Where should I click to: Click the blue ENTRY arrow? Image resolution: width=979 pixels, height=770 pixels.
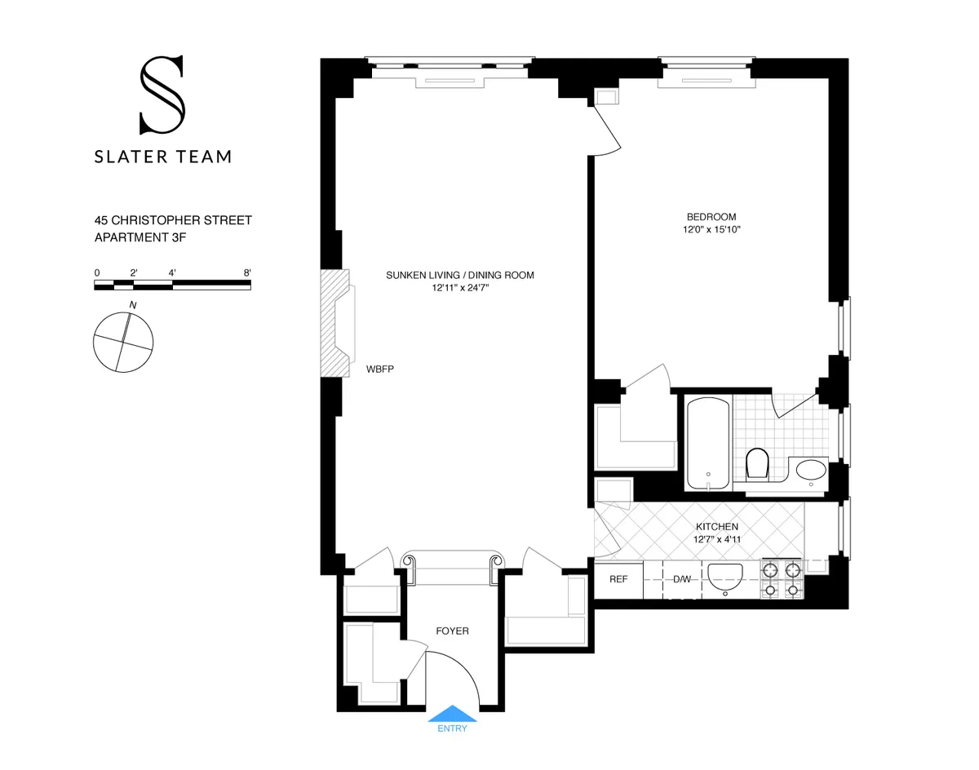452,714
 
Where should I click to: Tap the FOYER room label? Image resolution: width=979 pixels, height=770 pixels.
452,631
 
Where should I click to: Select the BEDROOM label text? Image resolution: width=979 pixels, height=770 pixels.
711,217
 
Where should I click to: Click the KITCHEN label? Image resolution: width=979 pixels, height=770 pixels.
716,527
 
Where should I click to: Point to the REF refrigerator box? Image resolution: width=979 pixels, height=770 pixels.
618,579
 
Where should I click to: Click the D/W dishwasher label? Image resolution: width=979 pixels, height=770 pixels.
682,579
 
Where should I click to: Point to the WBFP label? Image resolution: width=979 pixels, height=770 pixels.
380,370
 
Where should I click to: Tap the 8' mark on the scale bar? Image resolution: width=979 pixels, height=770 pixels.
246,272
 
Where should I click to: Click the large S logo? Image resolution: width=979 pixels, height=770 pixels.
162,95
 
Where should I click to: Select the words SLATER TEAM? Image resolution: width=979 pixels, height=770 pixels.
162,156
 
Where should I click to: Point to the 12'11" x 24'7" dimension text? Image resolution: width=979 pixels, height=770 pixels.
459,288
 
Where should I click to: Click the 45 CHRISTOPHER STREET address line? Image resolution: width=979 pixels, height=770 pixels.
173,220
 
